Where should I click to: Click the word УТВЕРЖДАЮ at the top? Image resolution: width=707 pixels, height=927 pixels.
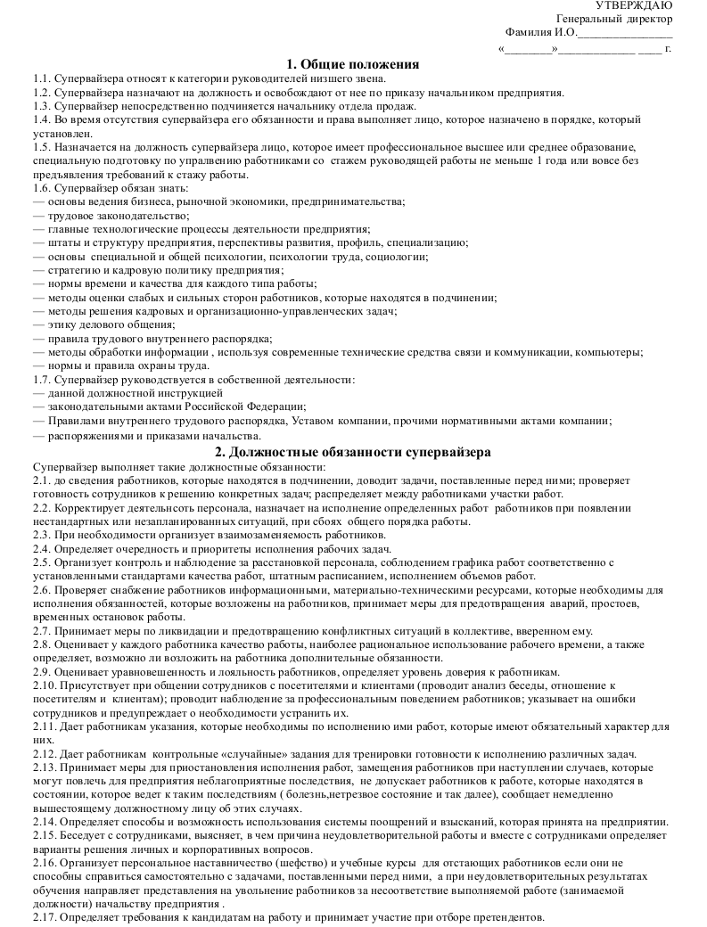(x=634, y=6)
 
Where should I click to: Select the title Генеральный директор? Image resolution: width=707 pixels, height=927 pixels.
(x=614, y=20)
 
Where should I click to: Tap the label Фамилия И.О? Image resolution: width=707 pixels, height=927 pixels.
(x=540, y=33)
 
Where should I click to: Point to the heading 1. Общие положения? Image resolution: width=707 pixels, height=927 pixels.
(x=353, y=63)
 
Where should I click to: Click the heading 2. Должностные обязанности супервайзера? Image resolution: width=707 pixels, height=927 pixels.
(x=353, y=452)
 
